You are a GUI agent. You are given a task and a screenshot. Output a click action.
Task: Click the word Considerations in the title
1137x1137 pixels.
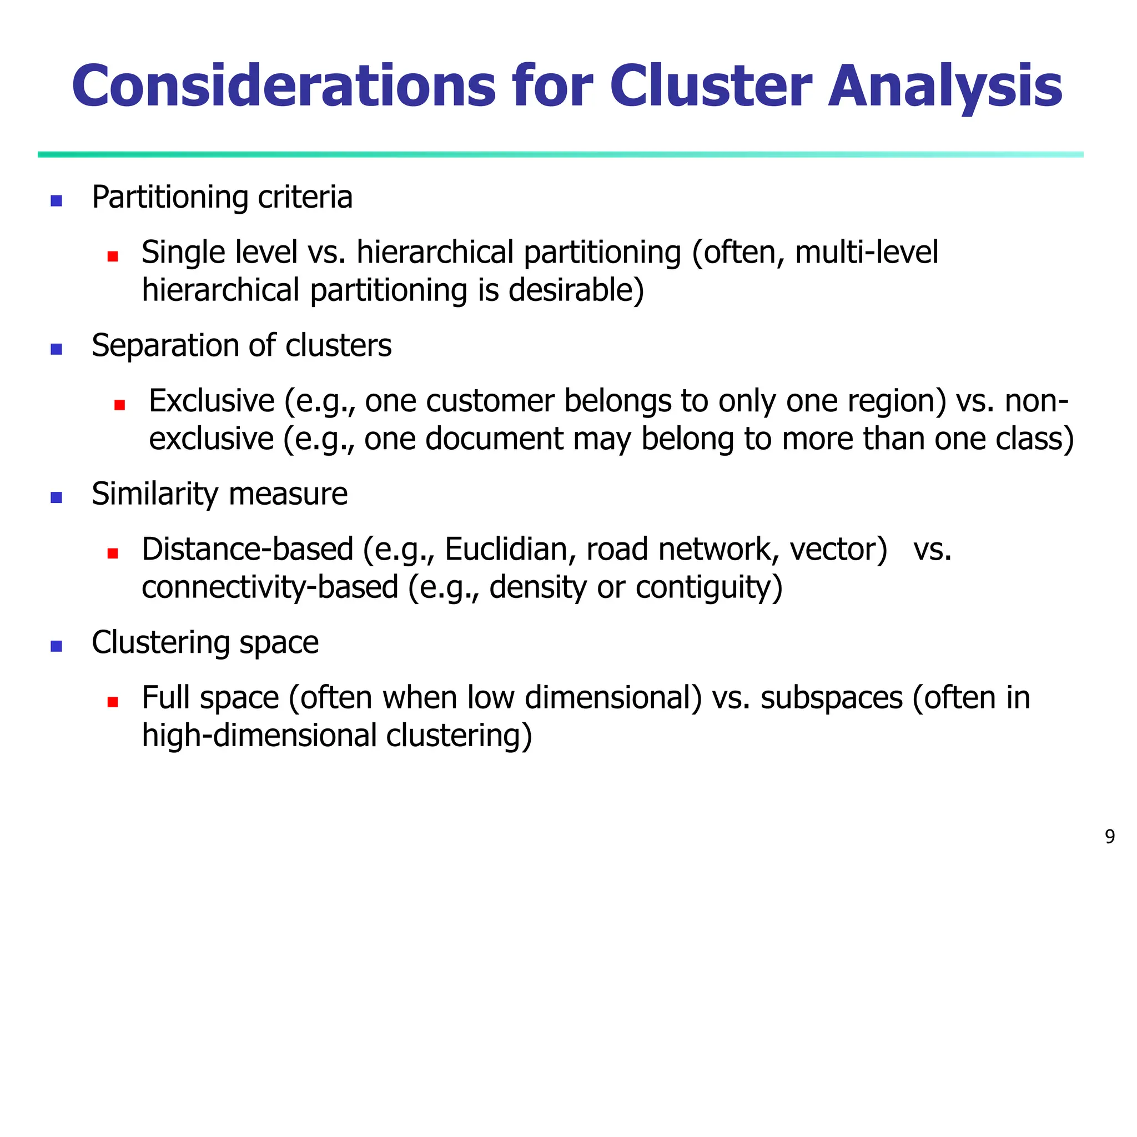[284, 87]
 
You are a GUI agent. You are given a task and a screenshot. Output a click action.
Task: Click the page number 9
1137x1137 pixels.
[1109, 836]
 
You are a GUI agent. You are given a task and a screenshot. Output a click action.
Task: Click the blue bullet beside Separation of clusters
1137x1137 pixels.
[57, 350]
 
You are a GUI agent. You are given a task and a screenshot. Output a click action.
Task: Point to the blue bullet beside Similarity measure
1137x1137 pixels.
[57, 498]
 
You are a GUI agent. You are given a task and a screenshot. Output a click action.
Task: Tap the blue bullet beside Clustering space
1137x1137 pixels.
[57, 646]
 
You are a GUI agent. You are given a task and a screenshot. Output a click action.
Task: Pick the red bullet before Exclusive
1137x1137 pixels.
[120, 405]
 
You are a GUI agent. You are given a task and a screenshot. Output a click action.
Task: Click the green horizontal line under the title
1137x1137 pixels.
[559, 155]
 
